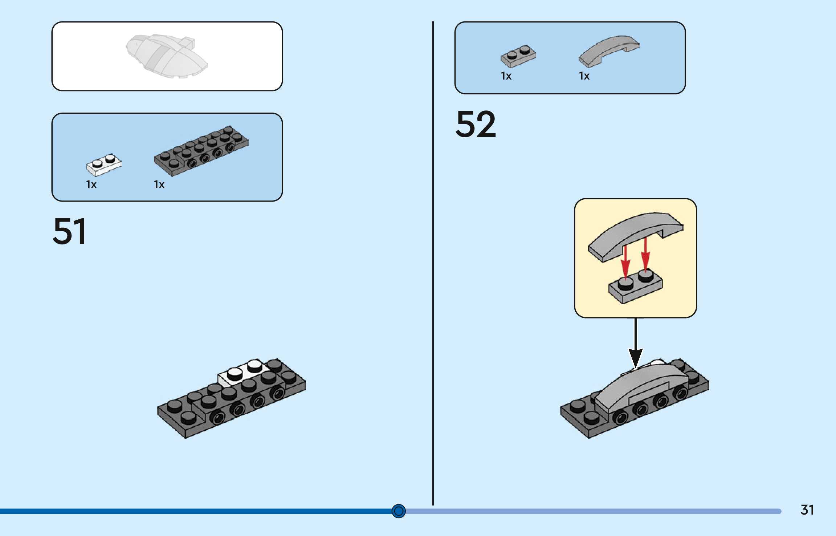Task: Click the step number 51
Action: point(69,231)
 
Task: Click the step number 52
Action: point(476,124)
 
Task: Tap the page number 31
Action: point(807,510)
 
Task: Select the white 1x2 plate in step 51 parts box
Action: point(104,165)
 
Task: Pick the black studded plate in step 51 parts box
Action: point(201,151)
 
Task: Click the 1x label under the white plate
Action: point(91,184)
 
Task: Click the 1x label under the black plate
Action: point(159,184)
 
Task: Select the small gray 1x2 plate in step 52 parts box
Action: point(518,56)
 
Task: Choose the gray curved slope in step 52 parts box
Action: point(609,51)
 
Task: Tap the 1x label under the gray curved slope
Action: point(584,76)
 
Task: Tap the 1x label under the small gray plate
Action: point(506,76)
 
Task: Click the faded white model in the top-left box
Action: point(167,56)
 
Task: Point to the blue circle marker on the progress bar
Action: point(399,511)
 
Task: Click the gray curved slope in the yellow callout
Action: point(636,236)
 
